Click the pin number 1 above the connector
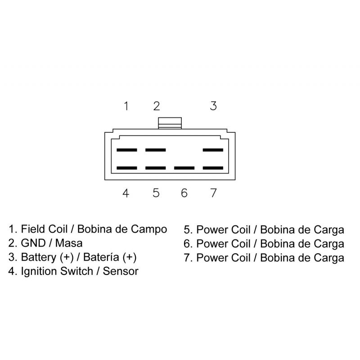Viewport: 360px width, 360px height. pos(126,106)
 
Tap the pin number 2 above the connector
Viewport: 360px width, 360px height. pos(156,106)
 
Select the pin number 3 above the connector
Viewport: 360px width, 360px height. pos(213,106)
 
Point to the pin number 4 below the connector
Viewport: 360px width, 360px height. pos(126,193)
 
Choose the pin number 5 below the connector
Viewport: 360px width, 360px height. pos(156,193)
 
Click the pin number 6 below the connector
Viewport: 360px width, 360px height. pos(184,193)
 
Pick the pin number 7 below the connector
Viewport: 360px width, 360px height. pos(213,193)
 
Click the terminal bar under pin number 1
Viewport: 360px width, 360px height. pos(126,150)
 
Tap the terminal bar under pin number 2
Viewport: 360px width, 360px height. pos(156,150)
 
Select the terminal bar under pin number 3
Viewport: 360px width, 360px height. pos(213,150)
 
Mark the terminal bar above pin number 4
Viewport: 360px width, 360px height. pos(126,168)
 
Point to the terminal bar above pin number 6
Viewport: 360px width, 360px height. pos(184,168)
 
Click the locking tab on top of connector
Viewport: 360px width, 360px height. pos(170,122)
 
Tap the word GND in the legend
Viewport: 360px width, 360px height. pos(33,243)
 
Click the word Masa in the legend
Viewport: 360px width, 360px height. pos(69,243)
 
